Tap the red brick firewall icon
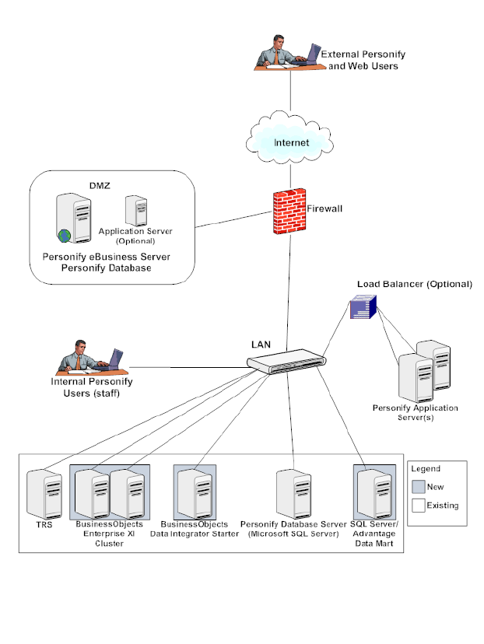(x=287, y=212)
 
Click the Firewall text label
(x=324, y=209)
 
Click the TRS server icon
(x=44, y=494)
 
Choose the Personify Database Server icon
(x=292, y=493)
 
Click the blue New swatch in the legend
(x=419, y=487)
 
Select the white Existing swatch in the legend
(x=419, y=506)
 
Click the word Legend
(x=425, y=469)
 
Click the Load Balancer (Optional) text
(x=414, y=284)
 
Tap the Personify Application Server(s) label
(x=415, y=413)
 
